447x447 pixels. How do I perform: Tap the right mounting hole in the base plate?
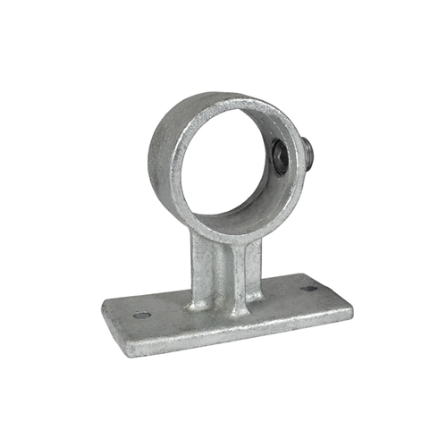point(309,289)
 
